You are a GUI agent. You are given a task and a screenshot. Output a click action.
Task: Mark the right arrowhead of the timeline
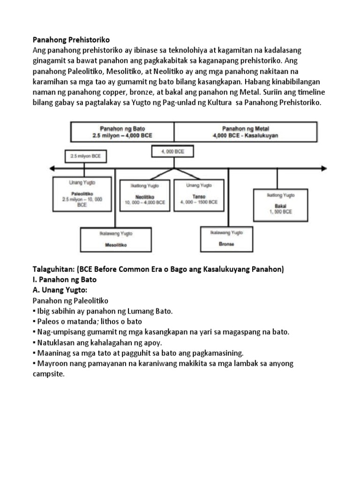coord(323,168)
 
